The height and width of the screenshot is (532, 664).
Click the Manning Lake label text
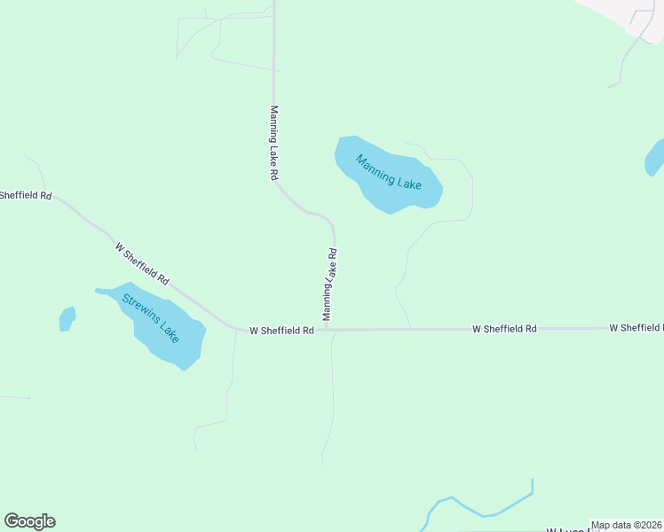pos(388,173)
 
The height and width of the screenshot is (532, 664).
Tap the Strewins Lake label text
pos(151,319)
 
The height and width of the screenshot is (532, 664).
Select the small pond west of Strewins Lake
pos(67,318)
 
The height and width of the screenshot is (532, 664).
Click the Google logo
pos(30,521)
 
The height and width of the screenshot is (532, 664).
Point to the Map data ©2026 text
pos(626,525)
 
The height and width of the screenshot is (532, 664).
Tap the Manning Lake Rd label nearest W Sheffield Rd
pos(329,284)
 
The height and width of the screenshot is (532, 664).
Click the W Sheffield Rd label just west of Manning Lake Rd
pos(281,331)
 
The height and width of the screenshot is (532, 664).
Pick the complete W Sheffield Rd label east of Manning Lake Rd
pos(504,329)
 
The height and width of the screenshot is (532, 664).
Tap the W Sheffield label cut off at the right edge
pos(636,328)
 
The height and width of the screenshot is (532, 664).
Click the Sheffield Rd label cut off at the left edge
pos(26,195)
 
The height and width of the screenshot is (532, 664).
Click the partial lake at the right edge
pos(655,158)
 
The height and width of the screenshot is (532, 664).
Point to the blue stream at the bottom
pos(479,510)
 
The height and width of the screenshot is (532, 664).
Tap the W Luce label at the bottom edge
pos(568,529)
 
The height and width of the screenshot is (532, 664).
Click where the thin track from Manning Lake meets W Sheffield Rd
pos(410,329)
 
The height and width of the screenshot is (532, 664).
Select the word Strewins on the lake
pos(139,307)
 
